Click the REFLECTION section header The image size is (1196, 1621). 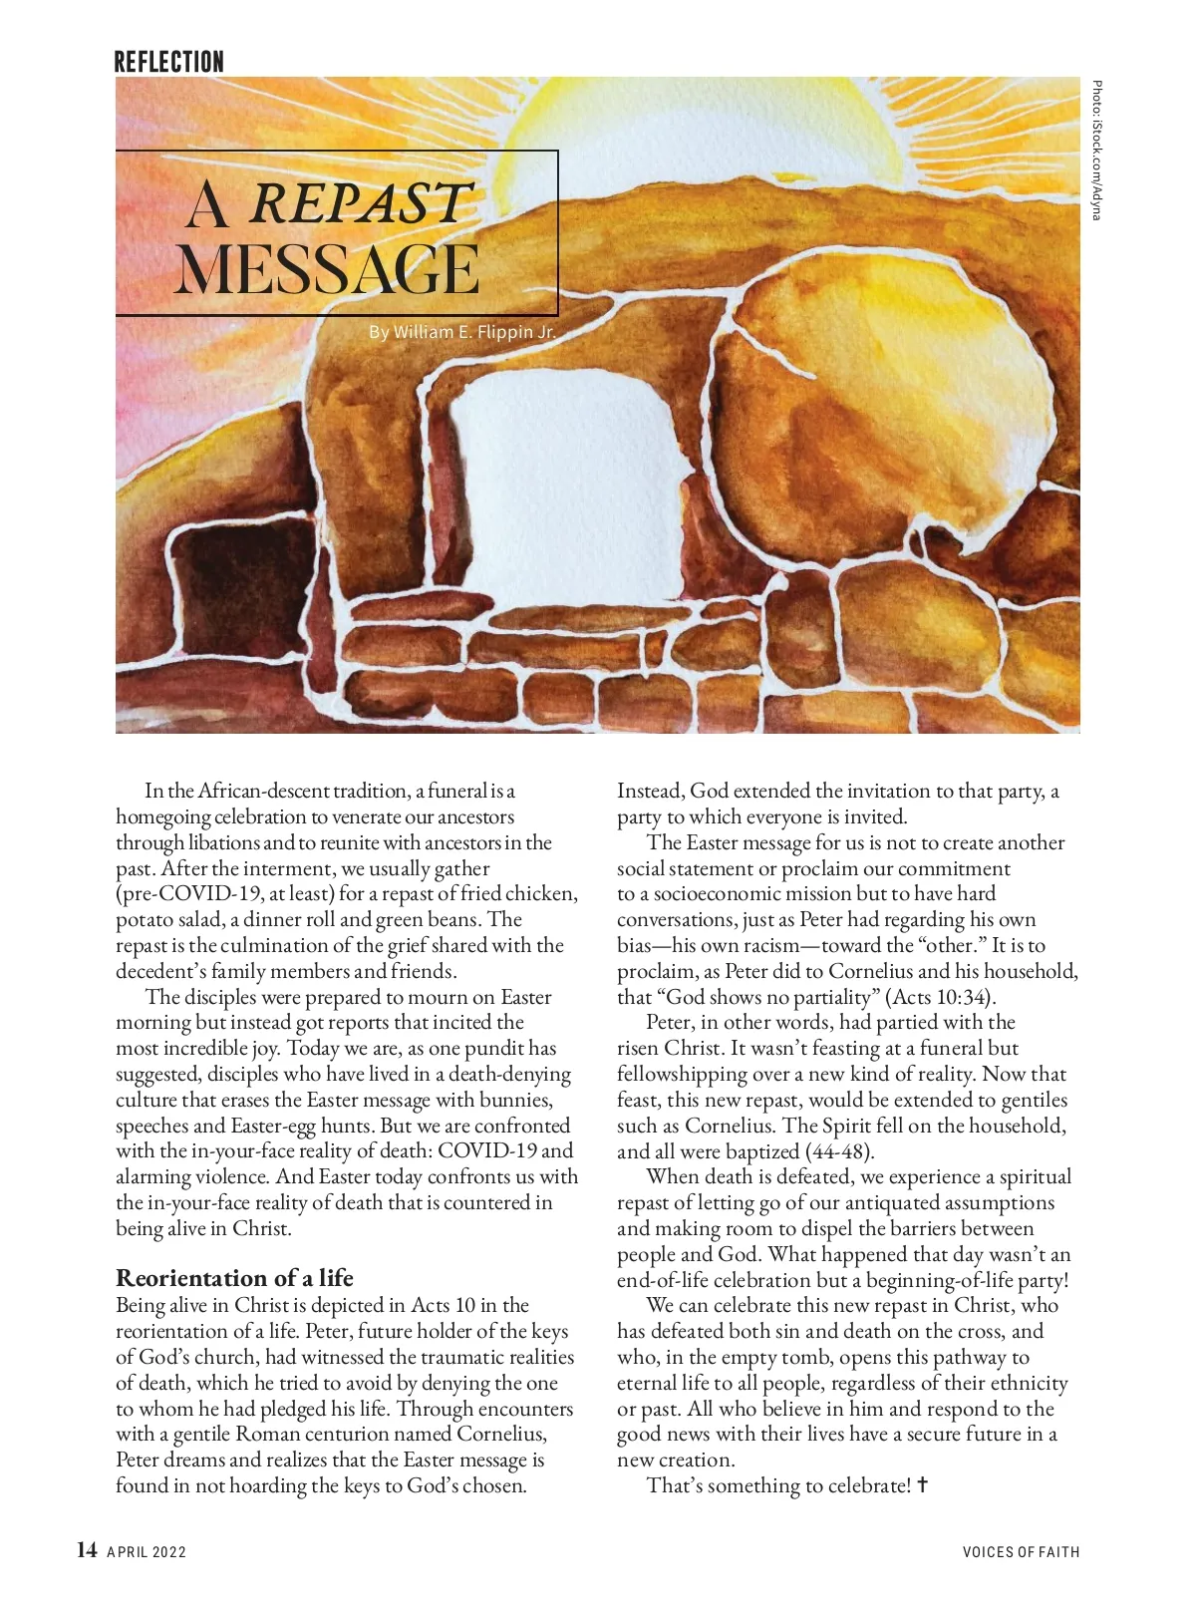168,62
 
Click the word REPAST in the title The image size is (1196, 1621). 359,203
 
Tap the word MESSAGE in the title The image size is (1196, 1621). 328,269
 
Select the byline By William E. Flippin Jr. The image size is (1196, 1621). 462,331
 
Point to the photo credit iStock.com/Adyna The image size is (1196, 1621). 1096,150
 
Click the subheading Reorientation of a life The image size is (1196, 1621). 234,1278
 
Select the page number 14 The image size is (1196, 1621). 88,1549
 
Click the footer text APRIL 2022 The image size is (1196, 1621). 147,1551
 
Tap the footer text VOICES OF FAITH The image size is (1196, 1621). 1021,1551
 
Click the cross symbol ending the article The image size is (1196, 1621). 923,1485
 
